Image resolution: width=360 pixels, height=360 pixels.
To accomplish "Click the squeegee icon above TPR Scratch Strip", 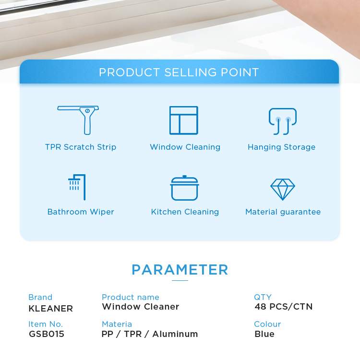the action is (87, 120).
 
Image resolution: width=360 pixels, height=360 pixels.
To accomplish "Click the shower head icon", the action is (84, 187).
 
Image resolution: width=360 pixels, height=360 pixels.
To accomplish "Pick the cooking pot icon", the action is (184, 188).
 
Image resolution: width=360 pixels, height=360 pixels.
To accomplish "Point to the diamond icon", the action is (283, 190).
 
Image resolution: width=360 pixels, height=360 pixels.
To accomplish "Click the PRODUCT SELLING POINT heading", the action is (179, 72).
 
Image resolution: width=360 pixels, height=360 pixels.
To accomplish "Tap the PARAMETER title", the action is (180, 270).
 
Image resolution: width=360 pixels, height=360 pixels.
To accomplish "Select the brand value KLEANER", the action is (51, 309).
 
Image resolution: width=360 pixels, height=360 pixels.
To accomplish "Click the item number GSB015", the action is (47, 334).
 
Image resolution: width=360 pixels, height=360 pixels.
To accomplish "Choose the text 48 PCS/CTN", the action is (284, 307).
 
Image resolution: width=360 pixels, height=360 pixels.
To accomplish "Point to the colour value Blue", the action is (264, 334).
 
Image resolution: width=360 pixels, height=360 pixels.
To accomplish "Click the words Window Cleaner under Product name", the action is (141, 307).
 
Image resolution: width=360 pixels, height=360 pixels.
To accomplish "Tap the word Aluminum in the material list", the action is (175, 334).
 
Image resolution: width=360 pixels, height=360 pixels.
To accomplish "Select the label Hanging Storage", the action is (281, 147).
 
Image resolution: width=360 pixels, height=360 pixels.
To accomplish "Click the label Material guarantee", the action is (283, 212).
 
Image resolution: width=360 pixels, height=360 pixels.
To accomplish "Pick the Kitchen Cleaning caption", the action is (185, 212).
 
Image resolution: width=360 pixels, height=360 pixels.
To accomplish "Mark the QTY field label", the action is (263, 297).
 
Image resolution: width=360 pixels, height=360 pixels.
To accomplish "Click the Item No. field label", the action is (46, 324).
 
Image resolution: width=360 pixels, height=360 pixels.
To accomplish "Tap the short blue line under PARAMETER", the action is (180, 280).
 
